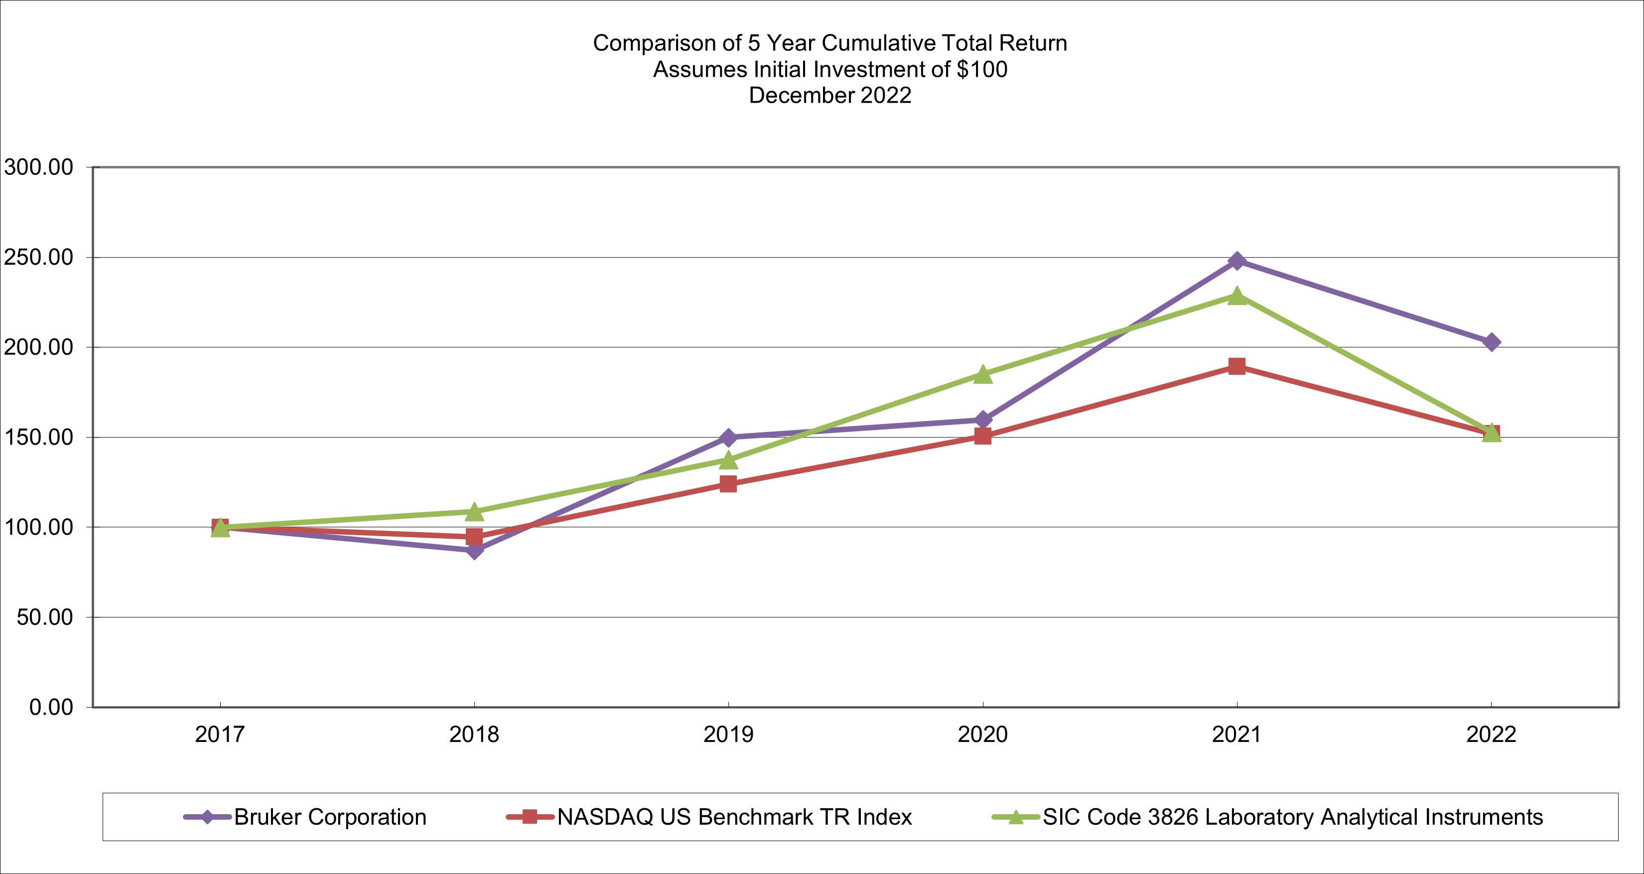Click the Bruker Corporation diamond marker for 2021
click(x=1237, y=261)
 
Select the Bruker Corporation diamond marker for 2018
click(x=474, y=550)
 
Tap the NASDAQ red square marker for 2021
click(x=1237, y=366)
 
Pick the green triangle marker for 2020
click(x=983, y=375)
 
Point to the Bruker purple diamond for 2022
click(x=1492, y=342)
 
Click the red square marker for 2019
click(x=728, y=484)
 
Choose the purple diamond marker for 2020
click(x=983, y=420)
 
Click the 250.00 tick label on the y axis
click(x=39, y=258)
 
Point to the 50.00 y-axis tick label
click(x=45, y=617)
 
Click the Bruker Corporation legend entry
click(x=330, y=817)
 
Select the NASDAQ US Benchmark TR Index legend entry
click(x=734, y=817)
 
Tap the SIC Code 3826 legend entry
click(x=1292, y=817)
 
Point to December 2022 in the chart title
click(x=829, y=95)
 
